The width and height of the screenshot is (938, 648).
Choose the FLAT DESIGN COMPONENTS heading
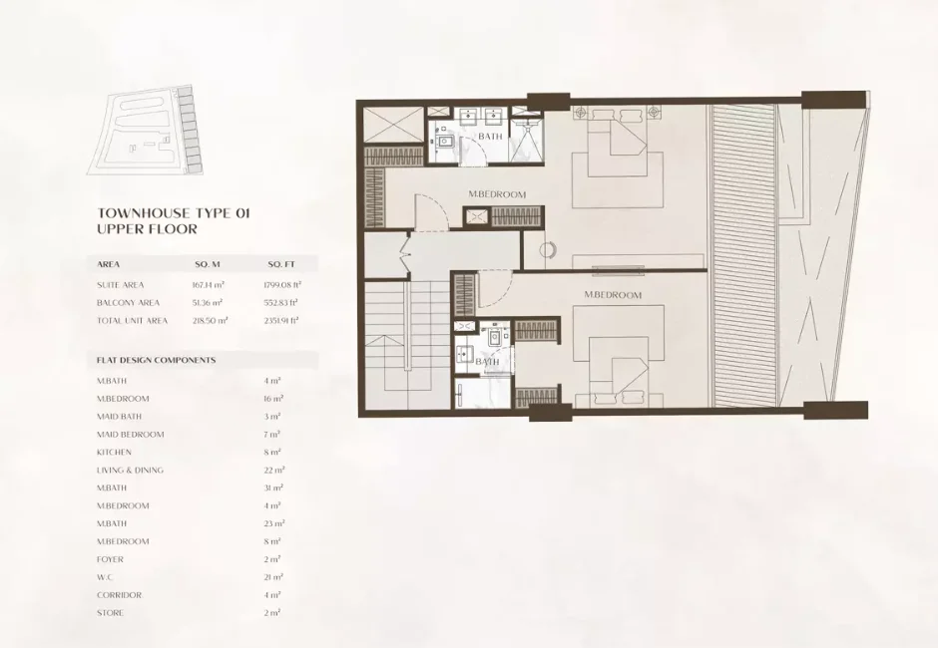[156, 359]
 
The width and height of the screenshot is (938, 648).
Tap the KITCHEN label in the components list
[114, 452]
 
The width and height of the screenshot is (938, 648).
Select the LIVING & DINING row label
[130, 470]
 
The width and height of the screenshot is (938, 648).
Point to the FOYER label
[110, 559]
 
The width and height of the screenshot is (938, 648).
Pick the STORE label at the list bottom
[110, 613]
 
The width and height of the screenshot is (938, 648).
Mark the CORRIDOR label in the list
[119, 595]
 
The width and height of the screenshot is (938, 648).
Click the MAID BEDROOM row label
[130, 434]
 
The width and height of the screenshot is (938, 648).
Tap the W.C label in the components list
[106, 577]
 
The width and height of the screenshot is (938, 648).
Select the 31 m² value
[274, 487]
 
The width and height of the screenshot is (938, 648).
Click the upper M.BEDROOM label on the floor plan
[497, 194]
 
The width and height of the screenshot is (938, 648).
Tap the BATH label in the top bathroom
[490, 136]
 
